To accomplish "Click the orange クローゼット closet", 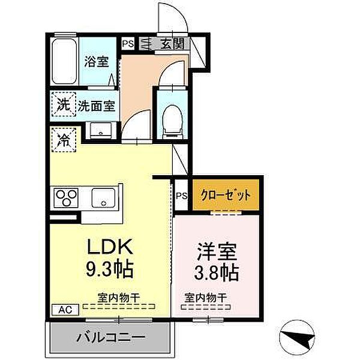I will tap(226, 196).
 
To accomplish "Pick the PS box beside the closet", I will tap(182, 195).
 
